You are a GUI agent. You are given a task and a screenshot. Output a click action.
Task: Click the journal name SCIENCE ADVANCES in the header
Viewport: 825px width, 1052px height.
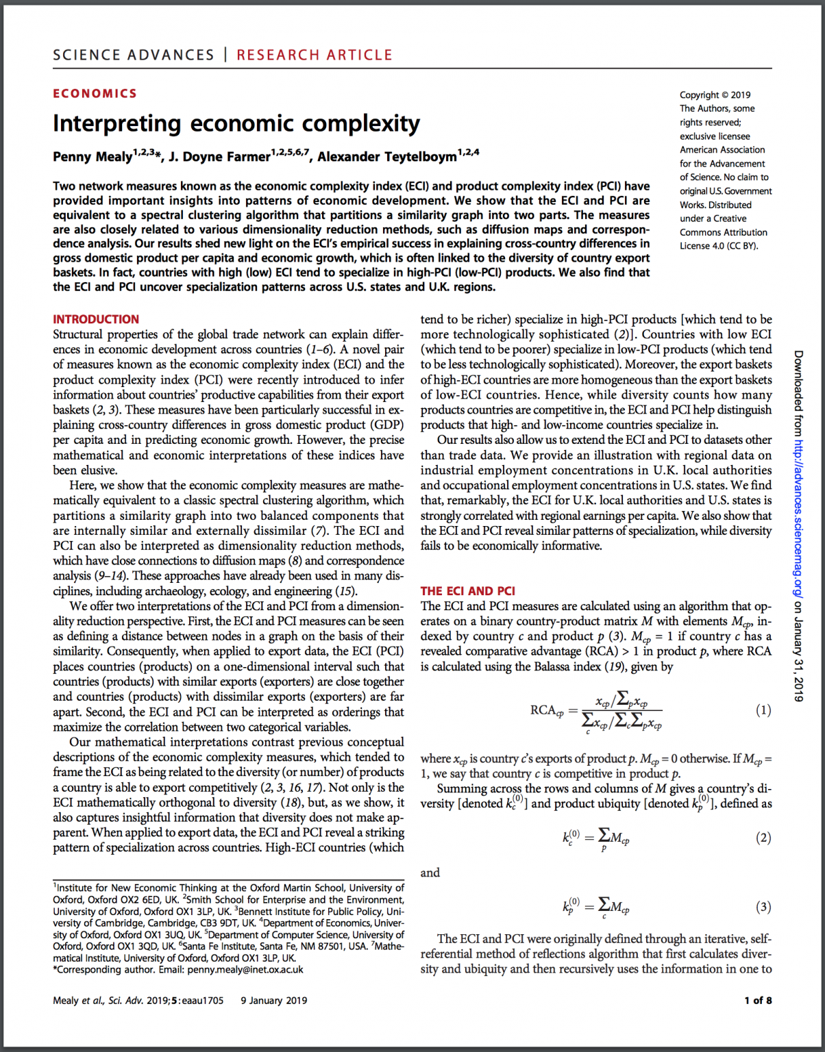point(134,55)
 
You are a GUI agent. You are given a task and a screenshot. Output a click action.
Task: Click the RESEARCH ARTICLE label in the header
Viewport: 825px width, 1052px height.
point(315,55)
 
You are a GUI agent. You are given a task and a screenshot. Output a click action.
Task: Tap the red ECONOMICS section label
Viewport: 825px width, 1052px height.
point(95,94)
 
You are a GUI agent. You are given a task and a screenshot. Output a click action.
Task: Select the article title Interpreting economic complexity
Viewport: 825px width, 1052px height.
point(236,124)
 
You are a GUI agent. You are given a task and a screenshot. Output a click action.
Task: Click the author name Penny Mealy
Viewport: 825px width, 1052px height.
point(93,157)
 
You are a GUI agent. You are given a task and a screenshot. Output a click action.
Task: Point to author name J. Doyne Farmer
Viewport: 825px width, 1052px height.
point(219,157)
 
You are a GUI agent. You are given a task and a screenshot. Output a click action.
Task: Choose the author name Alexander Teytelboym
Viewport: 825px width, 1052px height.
point(386,157)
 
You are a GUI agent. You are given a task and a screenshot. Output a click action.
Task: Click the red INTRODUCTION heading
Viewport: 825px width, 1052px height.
point(96,319)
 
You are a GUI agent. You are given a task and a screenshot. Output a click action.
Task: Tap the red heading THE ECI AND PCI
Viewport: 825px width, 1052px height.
point(467,591)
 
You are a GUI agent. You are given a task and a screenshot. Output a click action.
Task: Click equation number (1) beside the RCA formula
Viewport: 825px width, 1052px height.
point(763,710)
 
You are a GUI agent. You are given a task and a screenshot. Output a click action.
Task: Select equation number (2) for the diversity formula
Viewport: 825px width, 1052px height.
point(763,838)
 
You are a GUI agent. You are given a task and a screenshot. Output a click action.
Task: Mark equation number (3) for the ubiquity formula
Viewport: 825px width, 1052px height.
point(763,907)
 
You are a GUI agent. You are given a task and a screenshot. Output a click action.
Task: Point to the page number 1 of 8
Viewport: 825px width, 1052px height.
point(758,1001)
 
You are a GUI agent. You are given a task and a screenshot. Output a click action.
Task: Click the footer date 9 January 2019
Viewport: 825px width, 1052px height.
point(273,1001)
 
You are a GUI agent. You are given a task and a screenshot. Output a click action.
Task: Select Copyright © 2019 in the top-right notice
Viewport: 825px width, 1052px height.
point(715,95)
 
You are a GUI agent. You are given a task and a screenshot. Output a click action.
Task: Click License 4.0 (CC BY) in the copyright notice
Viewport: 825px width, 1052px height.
point(719,246)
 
